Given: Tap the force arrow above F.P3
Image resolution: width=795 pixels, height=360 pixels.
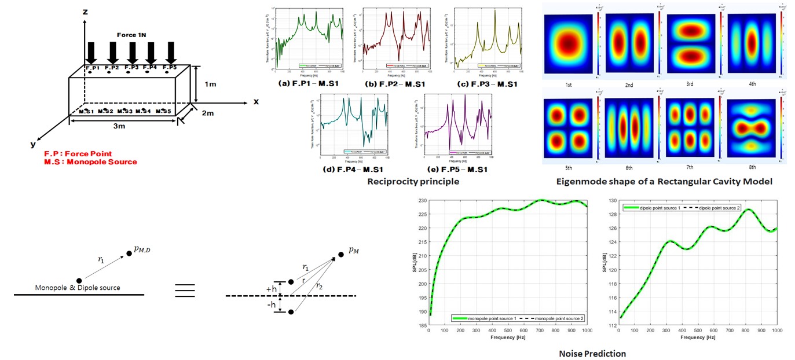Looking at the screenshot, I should pyautogui.click(x=132, y=53).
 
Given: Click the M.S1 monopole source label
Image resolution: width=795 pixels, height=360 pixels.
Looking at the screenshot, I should pyautogui.click(x=87, y=111).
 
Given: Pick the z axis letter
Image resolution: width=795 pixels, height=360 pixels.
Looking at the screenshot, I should pyautogui.click(x=85, y=11).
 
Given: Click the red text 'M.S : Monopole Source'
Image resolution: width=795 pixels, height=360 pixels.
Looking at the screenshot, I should pyautogui.click(x=91, y=162).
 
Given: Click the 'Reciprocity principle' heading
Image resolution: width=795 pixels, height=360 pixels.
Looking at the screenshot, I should pyautogui.click(x=413, y=182).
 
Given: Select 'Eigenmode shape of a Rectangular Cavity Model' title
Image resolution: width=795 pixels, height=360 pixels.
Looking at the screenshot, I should pyautogui.click(x=664, y=182).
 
